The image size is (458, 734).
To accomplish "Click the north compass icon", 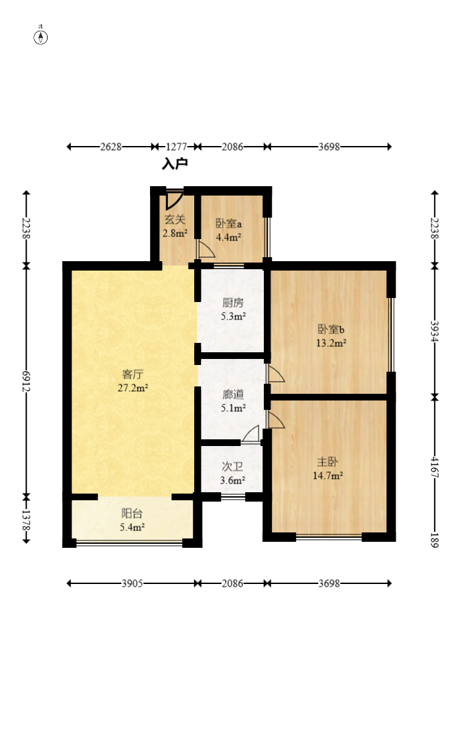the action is point(41,37).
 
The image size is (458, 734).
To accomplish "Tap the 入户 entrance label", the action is point(175,163).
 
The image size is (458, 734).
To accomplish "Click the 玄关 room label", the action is point(175,220).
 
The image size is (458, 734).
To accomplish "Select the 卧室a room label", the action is point(228,223).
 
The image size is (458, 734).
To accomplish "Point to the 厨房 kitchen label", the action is point(233,303).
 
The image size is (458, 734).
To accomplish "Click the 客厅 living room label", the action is point(133,374).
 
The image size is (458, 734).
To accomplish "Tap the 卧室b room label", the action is point(331,329).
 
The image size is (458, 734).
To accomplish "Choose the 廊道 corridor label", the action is point(233,394).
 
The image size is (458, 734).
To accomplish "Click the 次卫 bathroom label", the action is point(232,466).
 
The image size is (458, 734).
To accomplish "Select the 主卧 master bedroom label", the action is point(327,461).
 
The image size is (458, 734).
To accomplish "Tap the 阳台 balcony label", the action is point(132,513).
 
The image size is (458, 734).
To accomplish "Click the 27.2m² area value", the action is point(133,388).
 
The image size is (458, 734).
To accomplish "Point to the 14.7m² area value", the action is point(328,475).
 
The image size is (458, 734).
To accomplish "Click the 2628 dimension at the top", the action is point(111,147).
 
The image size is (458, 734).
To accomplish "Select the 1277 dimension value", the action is point(176,147).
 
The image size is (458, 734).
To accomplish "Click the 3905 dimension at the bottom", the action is point(133,583).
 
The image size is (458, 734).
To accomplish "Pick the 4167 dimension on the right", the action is point(435,467).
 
